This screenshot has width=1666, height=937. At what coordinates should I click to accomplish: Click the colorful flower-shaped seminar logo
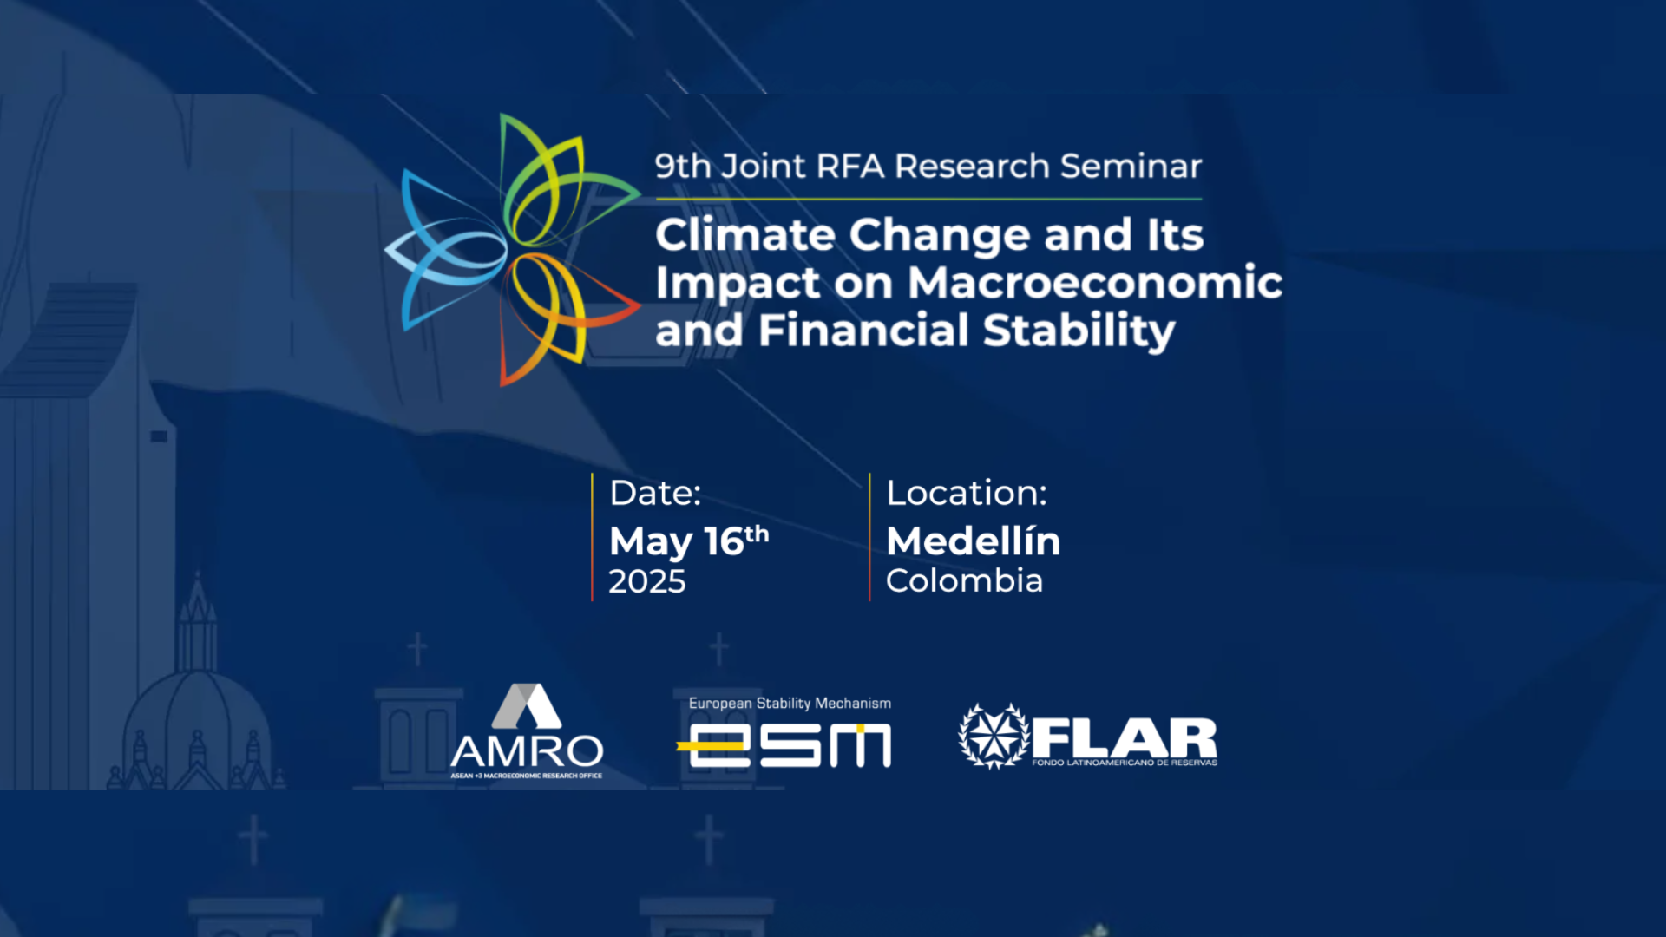point(513,250)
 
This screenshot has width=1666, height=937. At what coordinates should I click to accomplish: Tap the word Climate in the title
point(745,234)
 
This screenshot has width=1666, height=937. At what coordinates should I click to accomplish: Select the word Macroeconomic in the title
point(1095,282)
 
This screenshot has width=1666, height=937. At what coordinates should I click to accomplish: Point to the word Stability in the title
point(1079,331)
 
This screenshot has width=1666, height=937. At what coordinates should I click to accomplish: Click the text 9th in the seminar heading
point(683,165)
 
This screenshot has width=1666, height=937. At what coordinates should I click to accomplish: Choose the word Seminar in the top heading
point(1131,165)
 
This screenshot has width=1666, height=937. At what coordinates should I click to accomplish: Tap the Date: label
point(655,493)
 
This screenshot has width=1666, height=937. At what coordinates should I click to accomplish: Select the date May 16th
point(689,541)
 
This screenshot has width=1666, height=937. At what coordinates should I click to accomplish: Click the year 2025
point(647,581)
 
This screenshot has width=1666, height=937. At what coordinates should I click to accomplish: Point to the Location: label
point(967,493)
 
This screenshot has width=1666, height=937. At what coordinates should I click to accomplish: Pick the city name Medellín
point(974,541)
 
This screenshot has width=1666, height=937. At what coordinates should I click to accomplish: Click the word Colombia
point(964,580)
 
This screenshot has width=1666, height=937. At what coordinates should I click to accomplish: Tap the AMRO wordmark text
point(527,751)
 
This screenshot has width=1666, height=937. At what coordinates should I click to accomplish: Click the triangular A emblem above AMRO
point(527,705)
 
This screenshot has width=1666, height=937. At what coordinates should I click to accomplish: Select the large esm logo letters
point(784,745)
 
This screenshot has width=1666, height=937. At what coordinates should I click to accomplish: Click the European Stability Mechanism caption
point(790,704)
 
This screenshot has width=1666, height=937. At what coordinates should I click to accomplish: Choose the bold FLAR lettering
point(1125,738)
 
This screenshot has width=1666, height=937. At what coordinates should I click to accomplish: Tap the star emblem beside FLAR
point(994,737)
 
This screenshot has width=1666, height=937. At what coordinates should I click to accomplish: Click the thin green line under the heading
point(928,200)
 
